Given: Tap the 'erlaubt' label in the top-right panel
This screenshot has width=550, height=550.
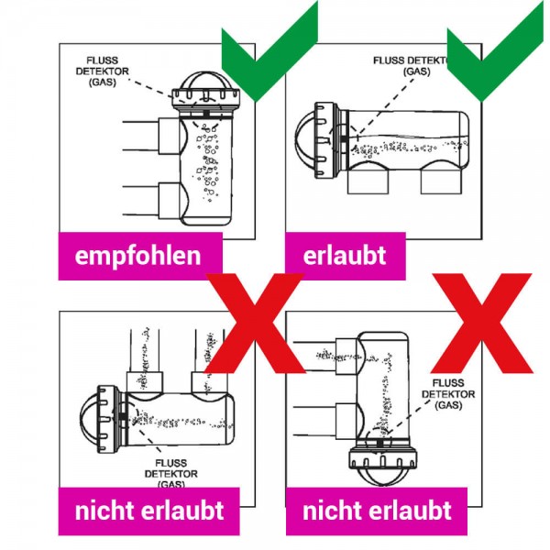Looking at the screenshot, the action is pyautogui.click(x=346, y=256).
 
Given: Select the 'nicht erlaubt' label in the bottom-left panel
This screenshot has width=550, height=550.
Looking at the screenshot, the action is pyautogui.click(x=148, y=511).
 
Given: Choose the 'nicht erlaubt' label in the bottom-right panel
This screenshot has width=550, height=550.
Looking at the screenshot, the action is pyautogui.click(x=377, y=511).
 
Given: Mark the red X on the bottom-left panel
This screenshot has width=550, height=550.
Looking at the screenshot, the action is pyautogui.click(x=255, y=323).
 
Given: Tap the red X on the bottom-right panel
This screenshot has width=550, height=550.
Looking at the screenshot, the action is pyautogui.click(x=481, y=323).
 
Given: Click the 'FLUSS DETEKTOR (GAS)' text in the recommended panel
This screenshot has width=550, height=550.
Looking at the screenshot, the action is pyautogui.click(x=102, y=71).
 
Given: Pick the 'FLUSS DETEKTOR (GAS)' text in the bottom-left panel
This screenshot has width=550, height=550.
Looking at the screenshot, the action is pyautogui.click(x=170, y=474).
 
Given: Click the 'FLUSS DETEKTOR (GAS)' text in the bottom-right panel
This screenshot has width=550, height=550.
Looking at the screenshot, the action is pyautogui.click(x=448, y=394).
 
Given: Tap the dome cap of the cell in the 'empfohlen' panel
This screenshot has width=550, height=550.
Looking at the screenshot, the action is pyautogui.click(x=206, y=81).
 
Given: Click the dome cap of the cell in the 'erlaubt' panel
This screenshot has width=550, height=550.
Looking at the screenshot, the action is pyautogui.click(x=304, y=140).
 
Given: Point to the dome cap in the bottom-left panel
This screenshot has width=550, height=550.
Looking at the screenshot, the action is pyautogui.click(x=88, y=419).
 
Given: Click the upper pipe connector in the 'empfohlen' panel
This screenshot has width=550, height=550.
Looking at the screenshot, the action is pyautogui.click(x=170, y=136).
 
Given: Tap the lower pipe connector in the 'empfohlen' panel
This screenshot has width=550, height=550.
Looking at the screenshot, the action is pyautogui.click(x=170, y=200).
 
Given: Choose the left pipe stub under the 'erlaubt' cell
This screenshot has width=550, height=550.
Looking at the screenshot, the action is pyautogui.click(x=368, y=181).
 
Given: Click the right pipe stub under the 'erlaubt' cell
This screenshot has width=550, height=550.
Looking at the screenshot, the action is pyautogui.click(x=441, y=181).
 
